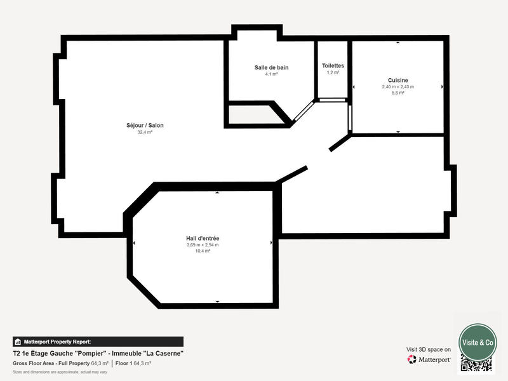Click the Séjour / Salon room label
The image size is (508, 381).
coord(145,126)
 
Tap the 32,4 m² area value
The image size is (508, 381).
coord(145,133)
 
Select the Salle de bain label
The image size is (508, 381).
coord(271,67)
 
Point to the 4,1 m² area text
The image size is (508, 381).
coord(271,74)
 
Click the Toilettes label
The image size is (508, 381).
coord(333,65)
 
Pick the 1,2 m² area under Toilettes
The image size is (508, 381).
coord(333,72)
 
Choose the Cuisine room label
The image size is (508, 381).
coord(398,80)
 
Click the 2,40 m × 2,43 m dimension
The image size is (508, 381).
coord(398,87)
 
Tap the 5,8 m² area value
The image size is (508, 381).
coord(398,93)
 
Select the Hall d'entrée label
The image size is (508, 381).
coord(203,238)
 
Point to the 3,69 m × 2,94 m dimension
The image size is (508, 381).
coord(203,245)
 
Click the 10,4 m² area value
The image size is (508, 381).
coord(203,251)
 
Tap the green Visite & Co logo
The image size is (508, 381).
coord(478,342)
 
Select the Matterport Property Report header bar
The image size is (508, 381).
coord(98,342)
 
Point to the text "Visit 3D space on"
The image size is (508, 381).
coord(429,349)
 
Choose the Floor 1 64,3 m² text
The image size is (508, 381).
coord(133,363)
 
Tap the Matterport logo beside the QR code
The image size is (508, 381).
coord(429,359)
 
